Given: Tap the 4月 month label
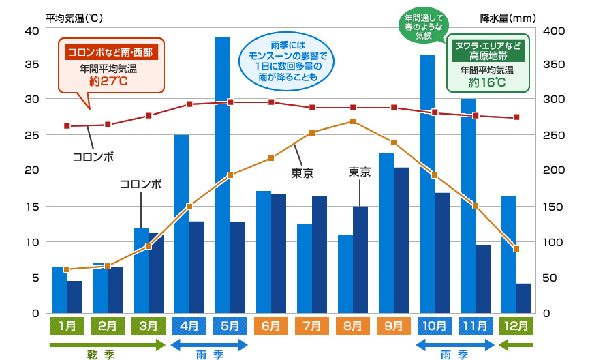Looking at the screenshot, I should [189, 325].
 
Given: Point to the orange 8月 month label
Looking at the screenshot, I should [353, 325].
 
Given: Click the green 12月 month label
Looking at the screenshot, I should [516, 325].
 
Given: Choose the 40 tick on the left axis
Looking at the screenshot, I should [31, 31].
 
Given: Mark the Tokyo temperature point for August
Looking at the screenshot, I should [353, 121].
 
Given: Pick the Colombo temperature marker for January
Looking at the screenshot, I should [67, 126].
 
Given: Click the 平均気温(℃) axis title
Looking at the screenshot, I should [74, 18].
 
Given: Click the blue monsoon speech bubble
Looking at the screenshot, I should [284, 59].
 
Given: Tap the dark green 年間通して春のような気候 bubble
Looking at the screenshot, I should [423, 25].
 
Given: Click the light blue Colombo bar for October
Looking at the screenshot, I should [427, 184].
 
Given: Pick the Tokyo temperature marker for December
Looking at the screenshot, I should [516, 249].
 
